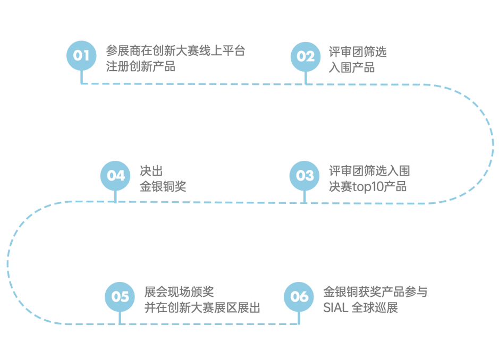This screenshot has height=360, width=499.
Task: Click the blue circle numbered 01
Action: coord(81,55)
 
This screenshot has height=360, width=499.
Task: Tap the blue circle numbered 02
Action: coord(306,56)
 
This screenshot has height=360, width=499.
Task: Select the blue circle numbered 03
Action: coord(305,176)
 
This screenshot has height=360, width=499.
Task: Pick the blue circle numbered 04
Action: coord(115,176)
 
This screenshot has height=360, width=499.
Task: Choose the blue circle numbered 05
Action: coord(120,296)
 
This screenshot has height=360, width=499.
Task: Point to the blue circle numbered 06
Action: coord(299,296)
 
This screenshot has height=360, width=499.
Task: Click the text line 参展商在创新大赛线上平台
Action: coord(175,52)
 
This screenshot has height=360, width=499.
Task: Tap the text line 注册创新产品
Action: coord(140,67)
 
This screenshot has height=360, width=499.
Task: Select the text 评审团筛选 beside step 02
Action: coord(358,52)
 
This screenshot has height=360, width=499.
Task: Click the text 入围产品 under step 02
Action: coord(352,67)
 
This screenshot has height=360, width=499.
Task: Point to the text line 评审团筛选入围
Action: coord(369,172)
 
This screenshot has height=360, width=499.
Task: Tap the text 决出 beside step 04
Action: coord(151,172)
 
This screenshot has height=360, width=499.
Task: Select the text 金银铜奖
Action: coord(163,187)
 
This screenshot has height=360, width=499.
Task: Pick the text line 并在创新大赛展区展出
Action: coord(202,307)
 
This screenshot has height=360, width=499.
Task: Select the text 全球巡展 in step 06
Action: coord(375,307)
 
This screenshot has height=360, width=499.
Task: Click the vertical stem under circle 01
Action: coord(81,77)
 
